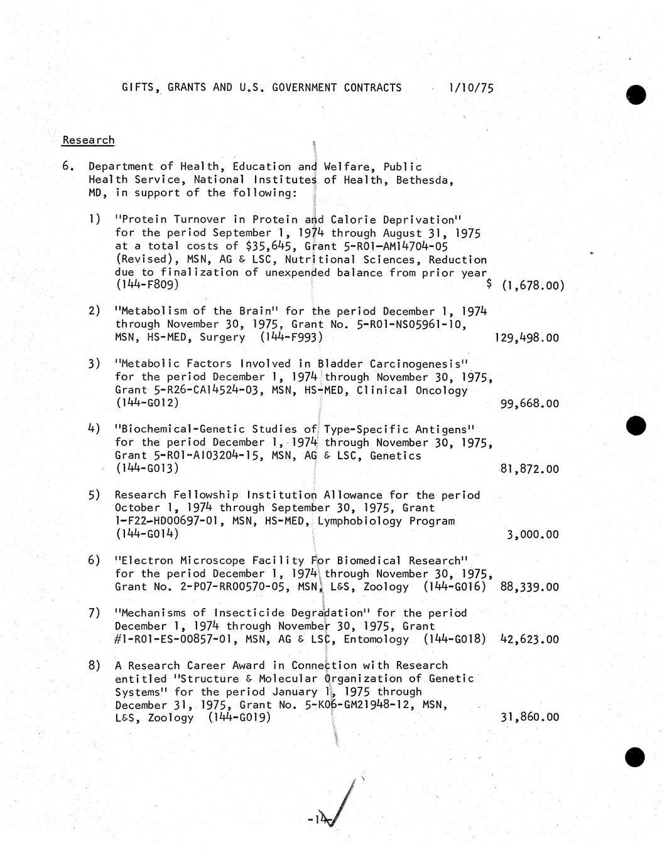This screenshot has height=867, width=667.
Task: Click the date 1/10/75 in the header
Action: tap(471, 88)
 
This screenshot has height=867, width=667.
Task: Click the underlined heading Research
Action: tap(88, 140)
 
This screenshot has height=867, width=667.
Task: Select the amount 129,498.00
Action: tap(526, 338)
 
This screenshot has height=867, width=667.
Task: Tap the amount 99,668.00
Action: tap(529, 403)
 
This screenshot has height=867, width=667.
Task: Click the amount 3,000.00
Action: tap(533, 535)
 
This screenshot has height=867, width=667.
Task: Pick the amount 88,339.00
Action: tap(529, 587)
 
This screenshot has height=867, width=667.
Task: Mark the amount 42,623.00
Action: tap(529, 640)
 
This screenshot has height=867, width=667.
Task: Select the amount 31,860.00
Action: tap(529, 717)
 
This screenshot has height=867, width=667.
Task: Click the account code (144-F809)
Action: tap(147, 285)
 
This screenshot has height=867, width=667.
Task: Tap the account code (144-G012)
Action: tap(147, 403)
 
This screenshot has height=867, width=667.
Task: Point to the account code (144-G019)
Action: tap(239, 717)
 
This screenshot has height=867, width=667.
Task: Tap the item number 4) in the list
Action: tap(94, 429)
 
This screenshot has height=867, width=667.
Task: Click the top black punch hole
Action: tap(636, 94)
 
